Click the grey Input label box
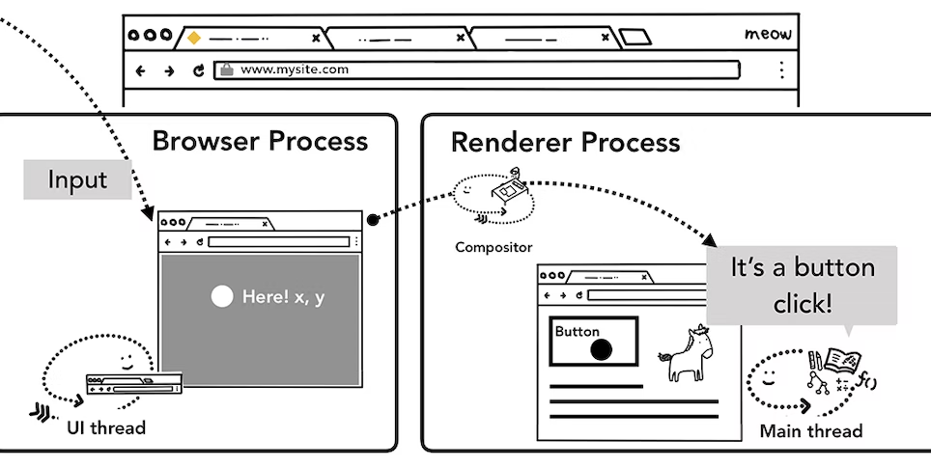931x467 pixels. tap(77, 180)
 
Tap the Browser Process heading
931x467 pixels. tap(260, 141)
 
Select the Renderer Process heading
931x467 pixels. tap(565, 143)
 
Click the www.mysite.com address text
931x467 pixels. tap(295, 69)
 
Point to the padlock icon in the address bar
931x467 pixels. tap(227, 69)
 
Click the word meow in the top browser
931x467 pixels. tap(768, 35)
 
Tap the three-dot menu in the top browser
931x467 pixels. tap(780, 69)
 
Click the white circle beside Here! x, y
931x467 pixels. tap(222, 296)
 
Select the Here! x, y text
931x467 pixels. tap(284, 296)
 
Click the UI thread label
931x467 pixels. tap(106, 426)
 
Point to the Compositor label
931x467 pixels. tap(494, 247)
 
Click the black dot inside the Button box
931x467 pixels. tap(601, 349)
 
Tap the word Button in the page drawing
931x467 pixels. tap(577, 332)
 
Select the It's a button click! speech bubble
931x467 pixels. tap(802, 285)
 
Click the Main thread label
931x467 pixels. tap(810, 430)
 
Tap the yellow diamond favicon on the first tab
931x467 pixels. tap(193, 39)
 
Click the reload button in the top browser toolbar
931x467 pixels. tap(199, 70)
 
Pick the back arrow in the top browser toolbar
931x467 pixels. tap(141, 70)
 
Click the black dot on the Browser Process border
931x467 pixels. tap(373, 219)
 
